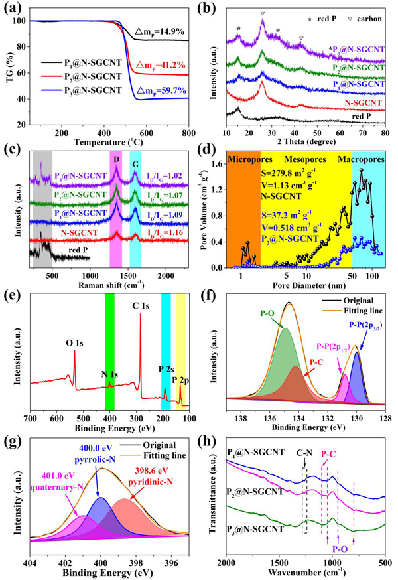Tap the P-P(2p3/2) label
(366, 325)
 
